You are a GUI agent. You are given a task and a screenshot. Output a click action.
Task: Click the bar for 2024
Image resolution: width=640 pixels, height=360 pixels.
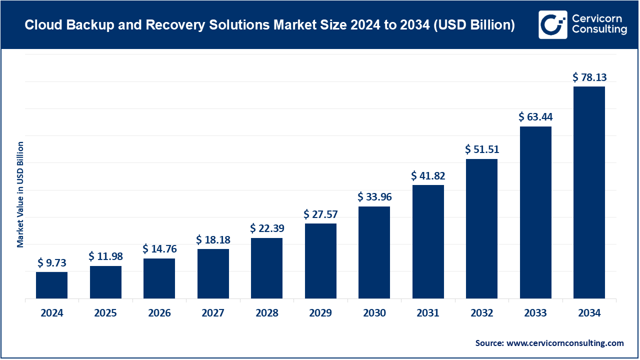click(x=51, y=285)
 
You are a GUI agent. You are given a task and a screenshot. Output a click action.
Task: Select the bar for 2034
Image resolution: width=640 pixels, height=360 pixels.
click(x=589, y=192)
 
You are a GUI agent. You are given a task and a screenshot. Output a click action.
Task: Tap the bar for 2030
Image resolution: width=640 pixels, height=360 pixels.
click(x=374, y=252)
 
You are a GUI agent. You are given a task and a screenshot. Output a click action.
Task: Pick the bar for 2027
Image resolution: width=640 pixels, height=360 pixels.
click(x=213, y=273)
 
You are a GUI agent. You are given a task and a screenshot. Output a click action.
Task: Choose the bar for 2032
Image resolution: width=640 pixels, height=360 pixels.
click(x=481, y=228)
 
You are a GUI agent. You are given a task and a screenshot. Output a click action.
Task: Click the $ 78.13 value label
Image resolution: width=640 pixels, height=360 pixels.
click(x=589, y=77)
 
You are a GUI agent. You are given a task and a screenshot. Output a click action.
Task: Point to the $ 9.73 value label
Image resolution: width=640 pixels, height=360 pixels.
click(x=51, y=262)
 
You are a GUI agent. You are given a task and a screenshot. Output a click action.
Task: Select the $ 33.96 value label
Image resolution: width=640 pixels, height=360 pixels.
click(x=374, y=197)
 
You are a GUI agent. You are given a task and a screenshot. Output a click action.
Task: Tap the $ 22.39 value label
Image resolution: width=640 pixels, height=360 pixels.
click(x=266, y=228)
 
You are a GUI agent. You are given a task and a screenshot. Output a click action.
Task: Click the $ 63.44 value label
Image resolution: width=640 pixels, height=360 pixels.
click(x=535, y=117)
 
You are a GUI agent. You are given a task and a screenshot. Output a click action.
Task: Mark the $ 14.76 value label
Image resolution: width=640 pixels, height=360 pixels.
click(x=159, y=249)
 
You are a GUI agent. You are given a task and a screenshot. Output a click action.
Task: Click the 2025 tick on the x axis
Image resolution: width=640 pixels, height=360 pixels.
click(x=105, y=313)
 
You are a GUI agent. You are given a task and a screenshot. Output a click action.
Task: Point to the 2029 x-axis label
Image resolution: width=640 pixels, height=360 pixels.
click(x=320, y=313)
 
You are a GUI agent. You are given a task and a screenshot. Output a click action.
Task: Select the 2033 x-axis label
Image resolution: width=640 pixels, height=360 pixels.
click(x=535, y=313)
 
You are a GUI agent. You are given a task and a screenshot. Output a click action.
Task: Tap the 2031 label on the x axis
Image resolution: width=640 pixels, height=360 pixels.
click(x=428, y=313)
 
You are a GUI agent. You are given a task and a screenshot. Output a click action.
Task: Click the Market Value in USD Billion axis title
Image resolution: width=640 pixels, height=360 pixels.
click(x=20, y=194)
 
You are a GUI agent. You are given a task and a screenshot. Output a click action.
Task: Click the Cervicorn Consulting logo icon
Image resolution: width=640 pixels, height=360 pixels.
click(x=552, y=24)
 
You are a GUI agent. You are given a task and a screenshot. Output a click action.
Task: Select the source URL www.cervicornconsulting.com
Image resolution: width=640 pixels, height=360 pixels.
click(x=565, y=343)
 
